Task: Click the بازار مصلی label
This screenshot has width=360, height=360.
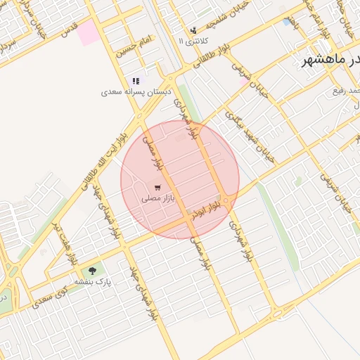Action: (x=157, y=199)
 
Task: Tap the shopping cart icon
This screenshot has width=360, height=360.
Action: (x=157, y=188)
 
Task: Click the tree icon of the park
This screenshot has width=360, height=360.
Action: (x=92, y=271)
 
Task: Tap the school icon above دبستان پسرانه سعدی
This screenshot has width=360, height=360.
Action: (x=136, y=81)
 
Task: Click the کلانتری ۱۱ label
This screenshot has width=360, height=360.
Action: (x=190, y=41)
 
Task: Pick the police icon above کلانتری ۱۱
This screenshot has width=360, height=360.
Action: (x=193, y=30)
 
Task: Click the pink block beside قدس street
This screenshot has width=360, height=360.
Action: (x=89, y=32)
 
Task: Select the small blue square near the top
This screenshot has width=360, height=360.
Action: (x=287, y=22)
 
